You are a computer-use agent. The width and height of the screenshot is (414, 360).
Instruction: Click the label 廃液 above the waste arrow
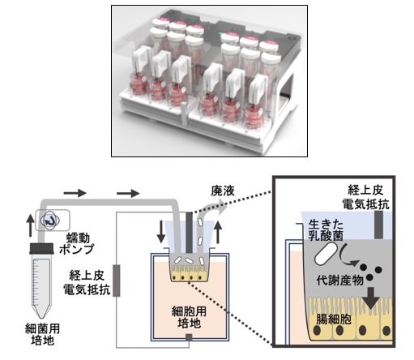[223, 191]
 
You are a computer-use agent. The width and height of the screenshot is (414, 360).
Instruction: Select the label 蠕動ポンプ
[77, 243]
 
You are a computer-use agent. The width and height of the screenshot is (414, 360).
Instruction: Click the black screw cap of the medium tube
[42, 248]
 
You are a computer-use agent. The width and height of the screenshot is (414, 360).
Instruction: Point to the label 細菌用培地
[42, 334]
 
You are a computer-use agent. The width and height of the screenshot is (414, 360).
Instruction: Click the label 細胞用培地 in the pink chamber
[189, 317]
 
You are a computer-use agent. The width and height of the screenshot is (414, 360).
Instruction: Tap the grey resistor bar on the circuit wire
[117, 281]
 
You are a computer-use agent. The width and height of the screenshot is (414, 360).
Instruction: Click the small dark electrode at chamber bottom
[189, 336]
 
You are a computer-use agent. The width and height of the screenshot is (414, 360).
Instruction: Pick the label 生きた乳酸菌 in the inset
[326, 229]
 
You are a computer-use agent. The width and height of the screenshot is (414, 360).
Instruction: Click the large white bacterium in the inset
[326, 254]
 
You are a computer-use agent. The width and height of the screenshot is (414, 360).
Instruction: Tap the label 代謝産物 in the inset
[340, 280]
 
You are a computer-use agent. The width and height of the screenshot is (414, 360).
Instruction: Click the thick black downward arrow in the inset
[371, 298]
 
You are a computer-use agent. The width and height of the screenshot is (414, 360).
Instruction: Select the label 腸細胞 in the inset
[334, 319]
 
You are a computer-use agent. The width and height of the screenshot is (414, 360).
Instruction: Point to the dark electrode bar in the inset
[378, 225]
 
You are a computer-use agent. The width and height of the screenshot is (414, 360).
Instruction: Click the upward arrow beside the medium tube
[30, 226]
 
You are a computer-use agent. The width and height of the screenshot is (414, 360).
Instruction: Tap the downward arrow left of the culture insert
[161, 232]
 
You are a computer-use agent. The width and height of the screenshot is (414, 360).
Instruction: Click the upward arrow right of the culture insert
[218, 233]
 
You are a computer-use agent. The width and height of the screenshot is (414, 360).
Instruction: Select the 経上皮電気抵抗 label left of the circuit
[87, 282]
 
